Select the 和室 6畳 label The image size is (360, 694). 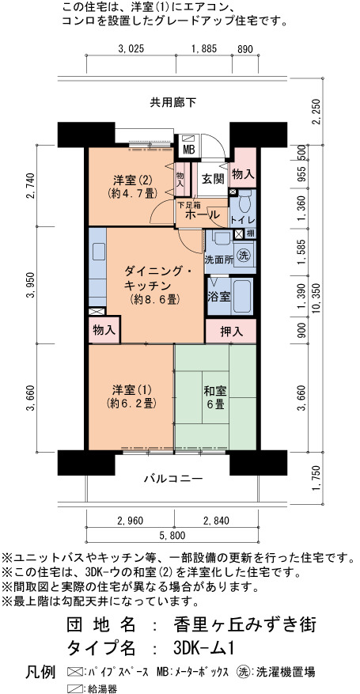pos(215,397)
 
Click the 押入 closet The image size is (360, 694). pos(231,332)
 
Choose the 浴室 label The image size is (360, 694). pos(218,296)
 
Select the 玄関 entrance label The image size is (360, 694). pos(212,180)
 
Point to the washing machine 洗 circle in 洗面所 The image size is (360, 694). pos(243,256)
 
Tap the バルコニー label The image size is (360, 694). pos(173,479)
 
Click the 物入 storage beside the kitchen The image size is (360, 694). pos(104,330)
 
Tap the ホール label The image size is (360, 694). pos(202,215)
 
